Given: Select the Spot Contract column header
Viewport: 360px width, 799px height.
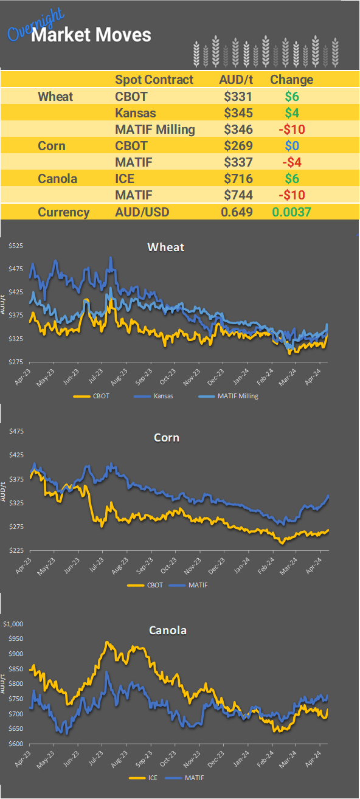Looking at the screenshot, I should (x=154, y=80).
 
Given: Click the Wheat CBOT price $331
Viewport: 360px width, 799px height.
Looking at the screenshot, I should (x=238, y=96).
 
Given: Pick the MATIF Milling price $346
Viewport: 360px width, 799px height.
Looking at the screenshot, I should (x=238, y=130).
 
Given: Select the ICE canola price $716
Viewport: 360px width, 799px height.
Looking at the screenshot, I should (x=238, y=179).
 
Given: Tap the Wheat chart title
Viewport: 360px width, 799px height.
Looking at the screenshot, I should (x=166, y=247).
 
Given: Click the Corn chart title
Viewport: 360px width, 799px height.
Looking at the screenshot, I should (x=166, y=437).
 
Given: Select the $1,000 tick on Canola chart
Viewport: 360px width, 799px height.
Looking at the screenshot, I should (x=13, y=624).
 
